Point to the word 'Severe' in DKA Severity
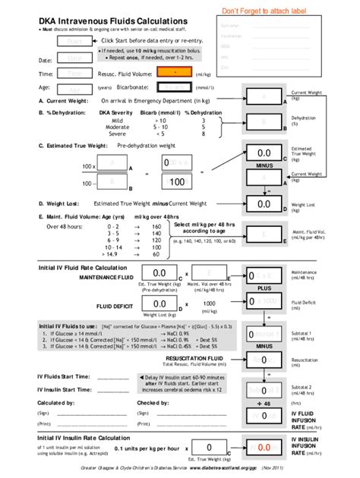117,134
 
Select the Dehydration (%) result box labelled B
264,121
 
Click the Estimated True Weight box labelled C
264,153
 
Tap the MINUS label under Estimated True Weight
264,165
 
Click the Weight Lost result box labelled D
264,204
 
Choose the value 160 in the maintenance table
156,226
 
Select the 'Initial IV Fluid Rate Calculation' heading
83,269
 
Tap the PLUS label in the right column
264,288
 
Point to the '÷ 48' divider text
264,403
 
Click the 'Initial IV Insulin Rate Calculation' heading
84,438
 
